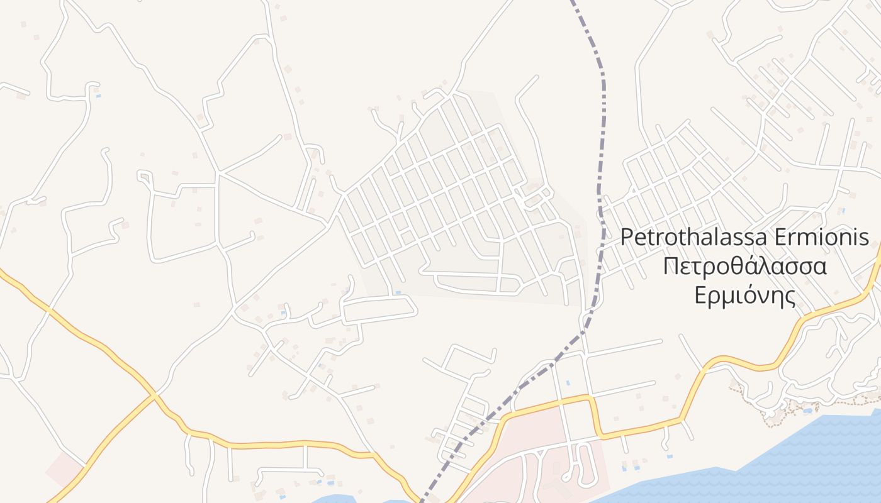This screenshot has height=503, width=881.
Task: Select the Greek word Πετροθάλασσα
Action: tap(745, 266)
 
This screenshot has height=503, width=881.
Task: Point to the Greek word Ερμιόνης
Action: tap(745, 294)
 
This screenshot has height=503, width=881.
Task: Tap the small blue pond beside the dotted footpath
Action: tap(807, 411)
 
